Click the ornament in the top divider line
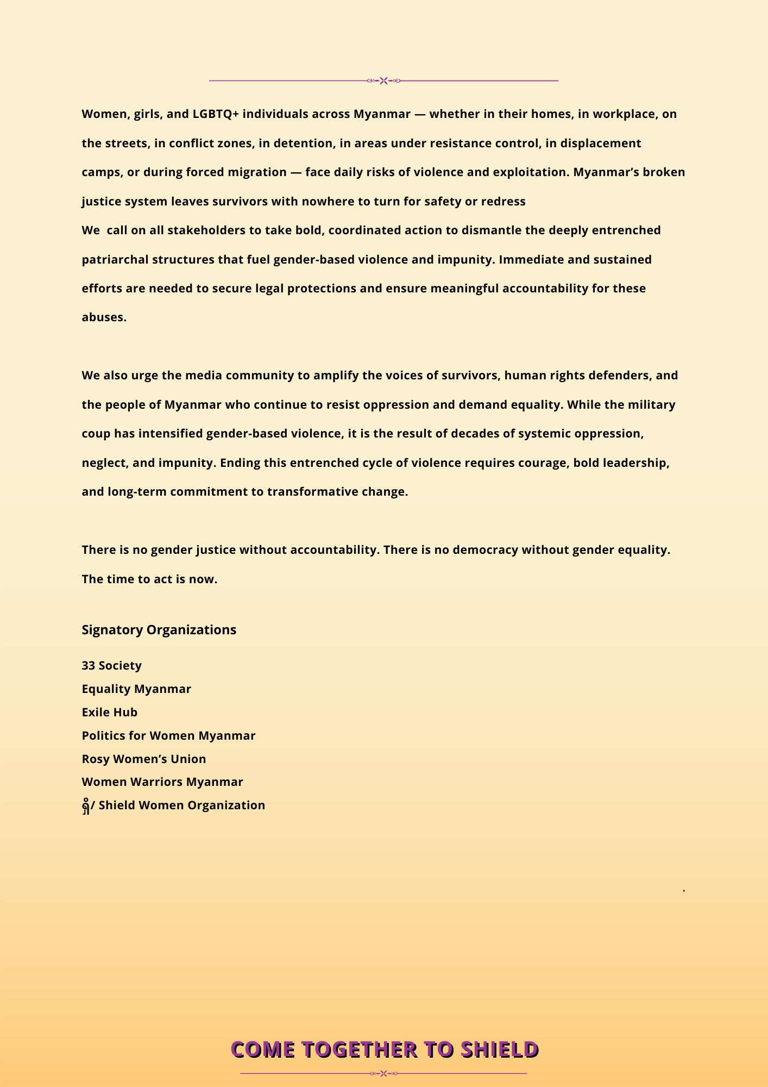[x=383, y=81]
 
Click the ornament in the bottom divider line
[x=383, y=1073]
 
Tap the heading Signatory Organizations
[x=159, y=630]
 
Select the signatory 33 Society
[x=111, y=666]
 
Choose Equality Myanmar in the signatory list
[x=136, y=689]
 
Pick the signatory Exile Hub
[x=109, y=713]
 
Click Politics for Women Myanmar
[x=168, y=736]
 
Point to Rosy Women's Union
[x=144, y=759]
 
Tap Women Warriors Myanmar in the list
[x=162, y=782]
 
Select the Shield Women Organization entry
[x=173, y=805]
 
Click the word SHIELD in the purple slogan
[x=499, y=1049]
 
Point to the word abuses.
[x=104, y=317]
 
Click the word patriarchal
[x=115, y=260]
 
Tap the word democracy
[x=485, y=550]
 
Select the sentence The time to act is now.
[x=149, y=579]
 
